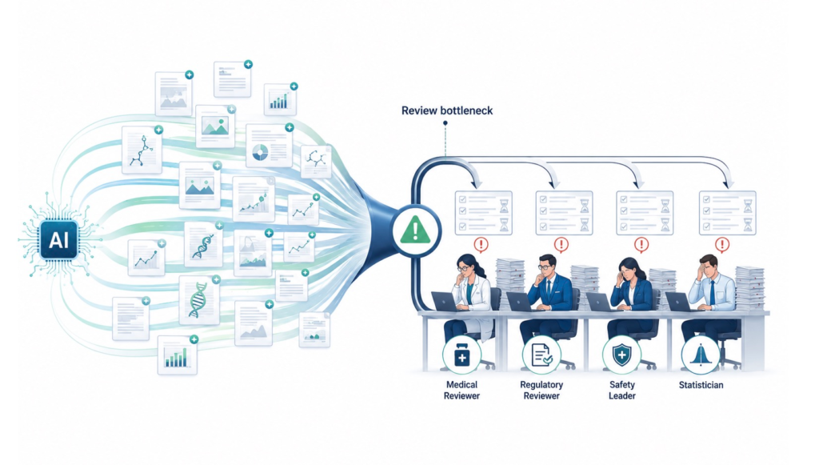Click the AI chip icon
tap(58, 240)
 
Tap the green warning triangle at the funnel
tap(415, 230)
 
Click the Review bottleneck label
tap(446, 110)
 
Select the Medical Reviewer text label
tap(461, 390)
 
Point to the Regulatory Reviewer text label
tap(541, 390)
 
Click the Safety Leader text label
tap(622, 390)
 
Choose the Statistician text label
tap(701, 385)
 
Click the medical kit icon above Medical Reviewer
tap(461, 356)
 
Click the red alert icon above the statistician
tap(722, 244)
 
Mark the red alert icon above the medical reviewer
tap(481, 244)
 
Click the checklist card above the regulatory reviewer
tap(564, 213)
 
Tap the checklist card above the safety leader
tap(645, 213)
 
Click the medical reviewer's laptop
tap(444, 302)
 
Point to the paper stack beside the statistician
tap(749, 288)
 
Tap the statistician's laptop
tap(680, 302)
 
